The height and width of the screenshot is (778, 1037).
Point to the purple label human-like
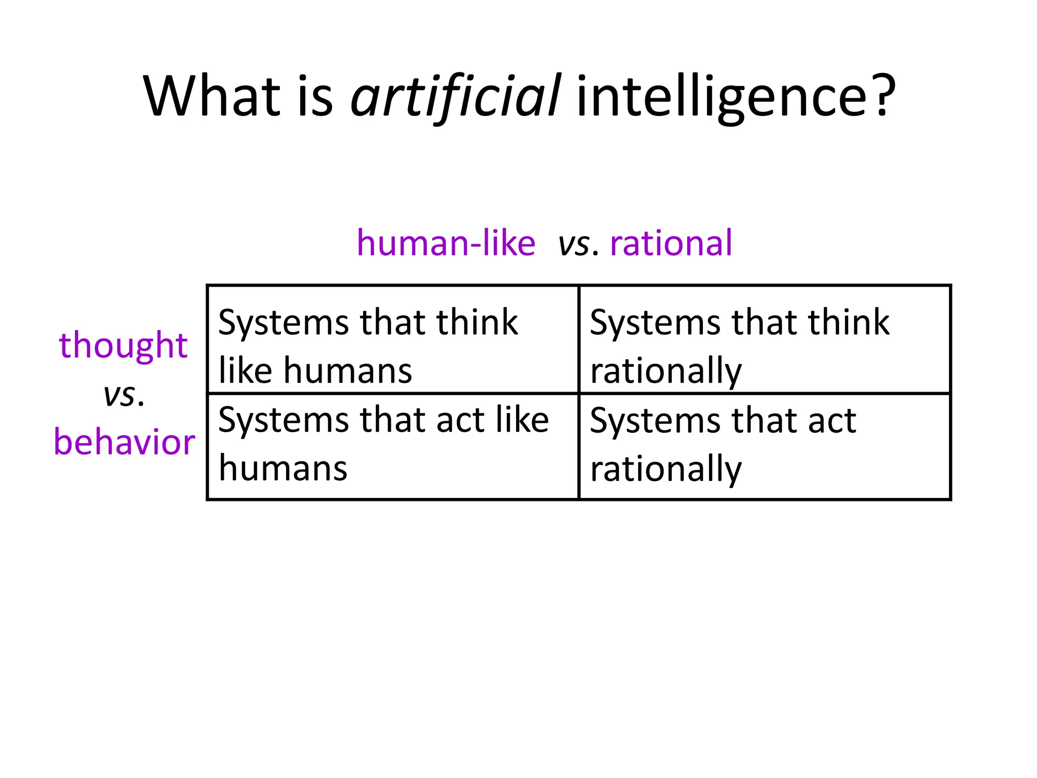(x=446, y=243)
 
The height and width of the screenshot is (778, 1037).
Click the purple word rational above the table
(x=671, y=243)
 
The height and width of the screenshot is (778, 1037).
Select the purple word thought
(x=124, y=345)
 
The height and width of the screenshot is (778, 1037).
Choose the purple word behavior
(x=124, y=442)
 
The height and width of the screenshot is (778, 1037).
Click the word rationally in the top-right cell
(x=666, y=371)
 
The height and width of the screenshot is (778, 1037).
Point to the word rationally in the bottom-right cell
(x=666, y=469)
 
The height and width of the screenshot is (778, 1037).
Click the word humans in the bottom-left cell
(x=283, y=468)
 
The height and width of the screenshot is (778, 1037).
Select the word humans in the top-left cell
(x=348, y=371)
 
